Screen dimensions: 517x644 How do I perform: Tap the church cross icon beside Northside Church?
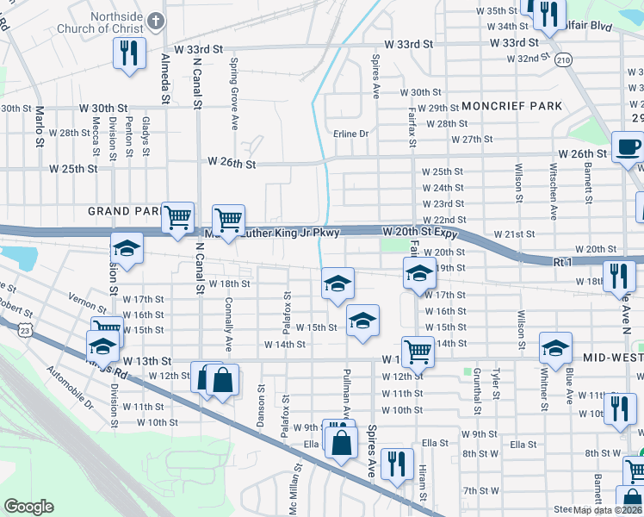(x=156, y=19)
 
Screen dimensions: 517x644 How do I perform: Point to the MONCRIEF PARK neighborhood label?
(x=511, y=106)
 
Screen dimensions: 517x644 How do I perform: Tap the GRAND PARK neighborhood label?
(x=122, y=211)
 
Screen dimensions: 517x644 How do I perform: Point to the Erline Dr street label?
(x=351, y=134)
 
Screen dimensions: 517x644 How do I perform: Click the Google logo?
(x=28, y=507)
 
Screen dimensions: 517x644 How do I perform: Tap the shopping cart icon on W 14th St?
(x=418, y=351)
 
